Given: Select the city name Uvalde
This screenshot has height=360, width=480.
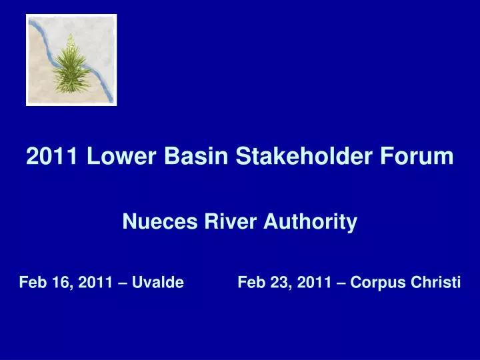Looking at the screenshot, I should point(157,282).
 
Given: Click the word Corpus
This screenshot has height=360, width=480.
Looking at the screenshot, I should point(375,283).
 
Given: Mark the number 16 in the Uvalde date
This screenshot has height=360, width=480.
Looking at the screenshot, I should point(57,283).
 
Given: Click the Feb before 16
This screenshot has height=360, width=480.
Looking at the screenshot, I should point(31,282).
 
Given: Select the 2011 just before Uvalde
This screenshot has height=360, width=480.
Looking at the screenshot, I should point(95,282).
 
